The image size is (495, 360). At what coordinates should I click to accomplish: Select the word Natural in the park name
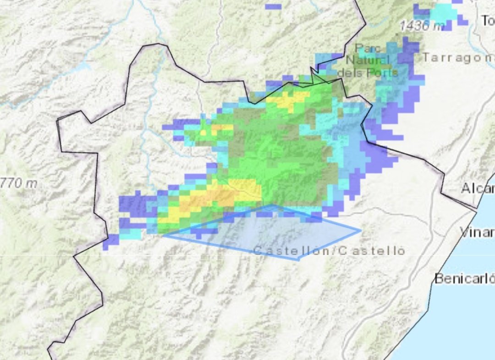click(x=367, y=60)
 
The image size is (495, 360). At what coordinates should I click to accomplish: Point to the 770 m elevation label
click(x=18, y=183)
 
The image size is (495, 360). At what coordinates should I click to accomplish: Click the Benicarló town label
click(x=464, y=278)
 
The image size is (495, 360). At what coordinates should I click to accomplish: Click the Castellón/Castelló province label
click(x=329, y=250)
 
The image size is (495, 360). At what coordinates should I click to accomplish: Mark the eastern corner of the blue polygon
click(x=361, y=231)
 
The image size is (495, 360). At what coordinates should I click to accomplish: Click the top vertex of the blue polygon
click(x=272, y=205)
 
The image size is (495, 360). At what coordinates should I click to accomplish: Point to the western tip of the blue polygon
click(x=163, y=236)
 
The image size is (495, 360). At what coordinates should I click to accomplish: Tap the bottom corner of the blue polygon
click(x=298, y=260)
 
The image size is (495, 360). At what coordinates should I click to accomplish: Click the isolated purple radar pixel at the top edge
click(x=273, y=6)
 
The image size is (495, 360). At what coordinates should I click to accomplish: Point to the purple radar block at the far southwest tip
click(x=110, y=242)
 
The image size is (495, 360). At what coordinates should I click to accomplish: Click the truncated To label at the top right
click(x=487, y=21)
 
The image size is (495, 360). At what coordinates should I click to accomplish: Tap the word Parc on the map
click(x=365, y=48)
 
